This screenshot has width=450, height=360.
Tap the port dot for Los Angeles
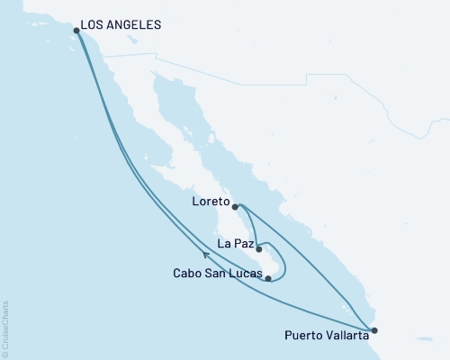point(76,31)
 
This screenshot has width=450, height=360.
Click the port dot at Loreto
point(235,207)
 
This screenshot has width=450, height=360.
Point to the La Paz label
point(235,242)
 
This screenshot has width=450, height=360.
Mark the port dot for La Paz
point(258,248)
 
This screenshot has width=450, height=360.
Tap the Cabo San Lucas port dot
point(268,279)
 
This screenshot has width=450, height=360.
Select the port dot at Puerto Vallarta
point(375,330)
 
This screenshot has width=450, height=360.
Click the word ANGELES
point(139,24)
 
